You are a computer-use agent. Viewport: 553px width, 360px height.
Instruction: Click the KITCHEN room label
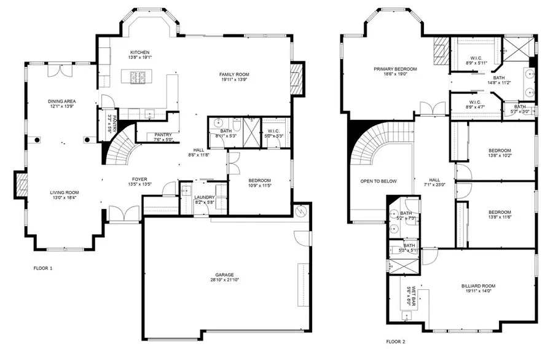[139, 52]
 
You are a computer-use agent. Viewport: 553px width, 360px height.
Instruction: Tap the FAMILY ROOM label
[237, 75]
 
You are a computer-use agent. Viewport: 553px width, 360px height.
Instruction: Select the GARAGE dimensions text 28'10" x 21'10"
[225, 280]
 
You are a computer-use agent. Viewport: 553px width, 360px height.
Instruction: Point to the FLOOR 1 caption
[43, 268]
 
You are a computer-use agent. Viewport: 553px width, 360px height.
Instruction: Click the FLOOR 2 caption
[396, 341]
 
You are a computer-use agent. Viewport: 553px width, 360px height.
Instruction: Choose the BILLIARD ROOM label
[478, 286]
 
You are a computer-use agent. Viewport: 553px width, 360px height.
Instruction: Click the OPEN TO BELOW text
[378, 181]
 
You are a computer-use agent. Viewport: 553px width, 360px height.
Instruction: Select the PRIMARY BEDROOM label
[395, 69]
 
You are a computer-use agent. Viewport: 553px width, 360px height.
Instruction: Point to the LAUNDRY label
[205, 197]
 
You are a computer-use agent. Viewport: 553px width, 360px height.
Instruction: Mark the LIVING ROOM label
[65, 192]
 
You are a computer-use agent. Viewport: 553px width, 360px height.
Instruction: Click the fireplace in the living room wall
[20, 184]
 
